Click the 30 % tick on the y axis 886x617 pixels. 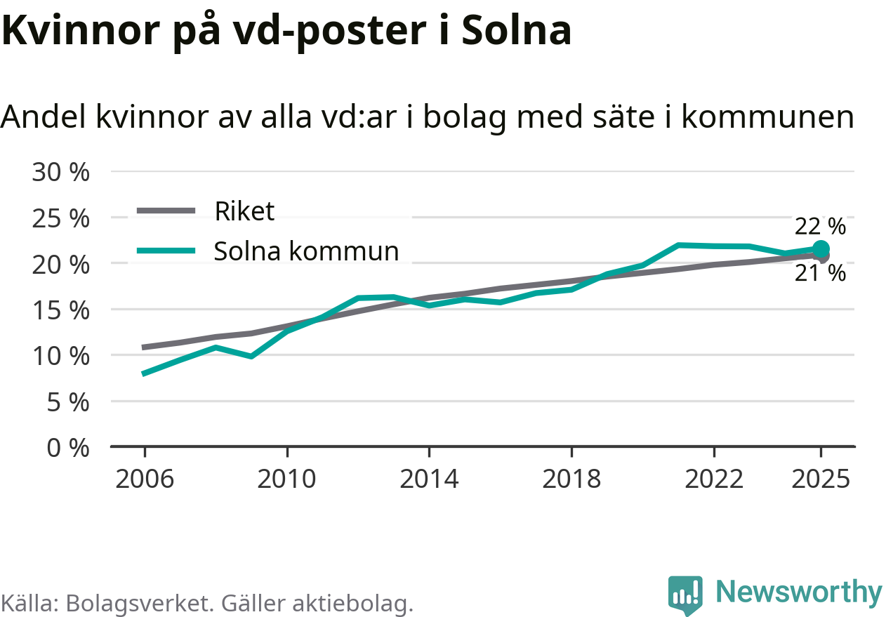[60, 172]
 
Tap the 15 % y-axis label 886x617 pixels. [60, 310]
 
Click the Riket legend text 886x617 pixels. [244, 211]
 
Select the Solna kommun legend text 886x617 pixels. [306, 251]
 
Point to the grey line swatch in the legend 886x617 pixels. [166, 211]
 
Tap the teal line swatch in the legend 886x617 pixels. [166, 251]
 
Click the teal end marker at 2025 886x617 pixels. [820, 248]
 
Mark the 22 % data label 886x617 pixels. [820, 226]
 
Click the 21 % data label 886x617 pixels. [820, 274]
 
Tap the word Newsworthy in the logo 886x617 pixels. [798, 592]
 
